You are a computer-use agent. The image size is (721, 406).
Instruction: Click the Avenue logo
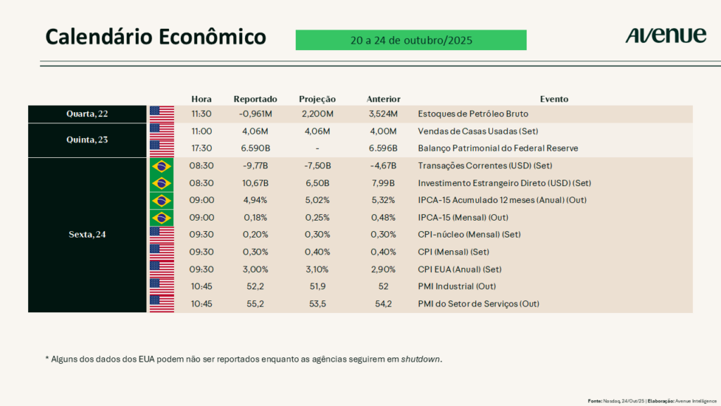coord(665,36)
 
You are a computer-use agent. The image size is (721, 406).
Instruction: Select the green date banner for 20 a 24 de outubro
coord(410,40)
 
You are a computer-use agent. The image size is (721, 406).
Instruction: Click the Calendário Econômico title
coord(156,37)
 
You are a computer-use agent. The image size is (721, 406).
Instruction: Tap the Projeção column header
coord(318,99)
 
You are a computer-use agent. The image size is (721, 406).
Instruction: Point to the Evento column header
coord(554,99)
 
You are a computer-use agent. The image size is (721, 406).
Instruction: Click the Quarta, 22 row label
coord(88,113)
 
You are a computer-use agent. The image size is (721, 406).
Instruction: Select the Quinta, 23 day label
coord(88,140)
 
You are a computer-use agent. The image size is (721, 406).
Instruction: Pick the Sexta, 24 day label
coord(88,235)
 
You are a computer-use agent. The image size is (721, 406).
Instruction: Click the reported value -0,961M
coord(256,113)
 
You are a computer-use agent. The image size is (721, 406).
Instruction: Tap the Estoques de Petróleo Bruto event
coord(472,113)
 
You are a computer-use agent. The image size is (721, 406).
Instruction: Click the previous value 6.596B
coord(383,148)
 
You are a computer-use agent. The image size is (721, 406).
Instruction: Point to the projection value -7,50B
coord(318,166)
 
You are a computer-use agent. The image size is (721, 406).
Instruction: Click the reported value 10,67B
coord(256,183)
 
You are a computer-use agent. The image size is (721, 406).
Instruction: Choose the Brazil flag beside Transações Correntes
coord(162,166)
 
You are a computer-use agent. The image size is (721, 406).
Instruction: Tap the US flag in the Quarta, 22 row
coord(162,113)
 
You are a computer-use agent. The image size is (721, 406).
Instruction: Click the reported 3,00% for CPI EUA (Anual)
coord(256,269)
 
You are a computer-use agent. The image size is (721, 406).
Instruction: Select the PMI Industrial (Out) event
coord(457,287)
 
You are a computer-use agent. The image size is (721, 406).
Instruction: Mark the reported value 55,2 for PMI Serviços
coord(256,304)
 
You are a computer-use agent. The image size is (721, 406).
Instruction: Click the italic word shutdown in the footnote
coord(421,359)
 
